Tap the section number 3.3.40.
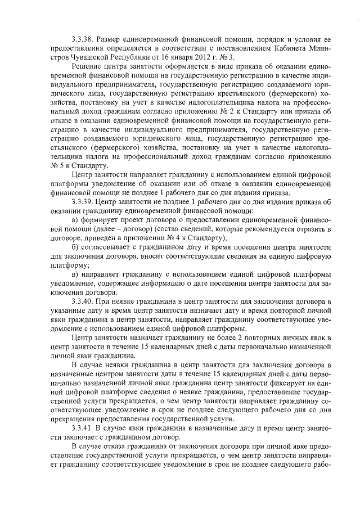pyautogui.click(x=83, y=302)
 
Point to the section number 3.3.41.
pyautogui.click(x=83, y=428)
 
